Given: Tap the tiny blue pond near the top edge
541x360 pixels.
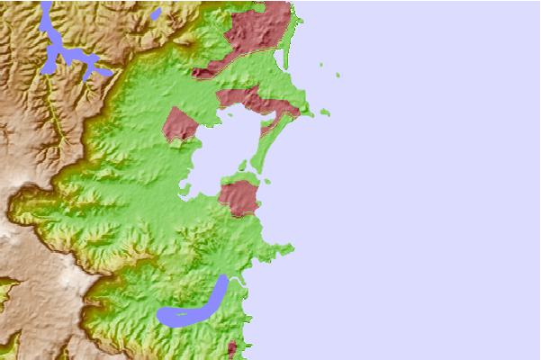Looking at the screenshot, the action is click(x=156, y=14).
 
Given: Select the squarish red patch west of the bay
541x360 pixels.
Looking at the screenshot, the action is click(x=179, y=124).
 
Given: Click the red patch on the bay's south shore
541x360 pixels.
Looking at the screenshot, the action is click(x=239, y=198).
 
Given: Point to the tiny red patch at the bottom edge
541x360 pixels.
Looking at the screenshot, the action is click(x=232, y=348).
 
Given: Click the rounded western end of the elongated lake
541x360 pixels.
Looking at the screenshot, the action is click(x=164, y=316).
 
